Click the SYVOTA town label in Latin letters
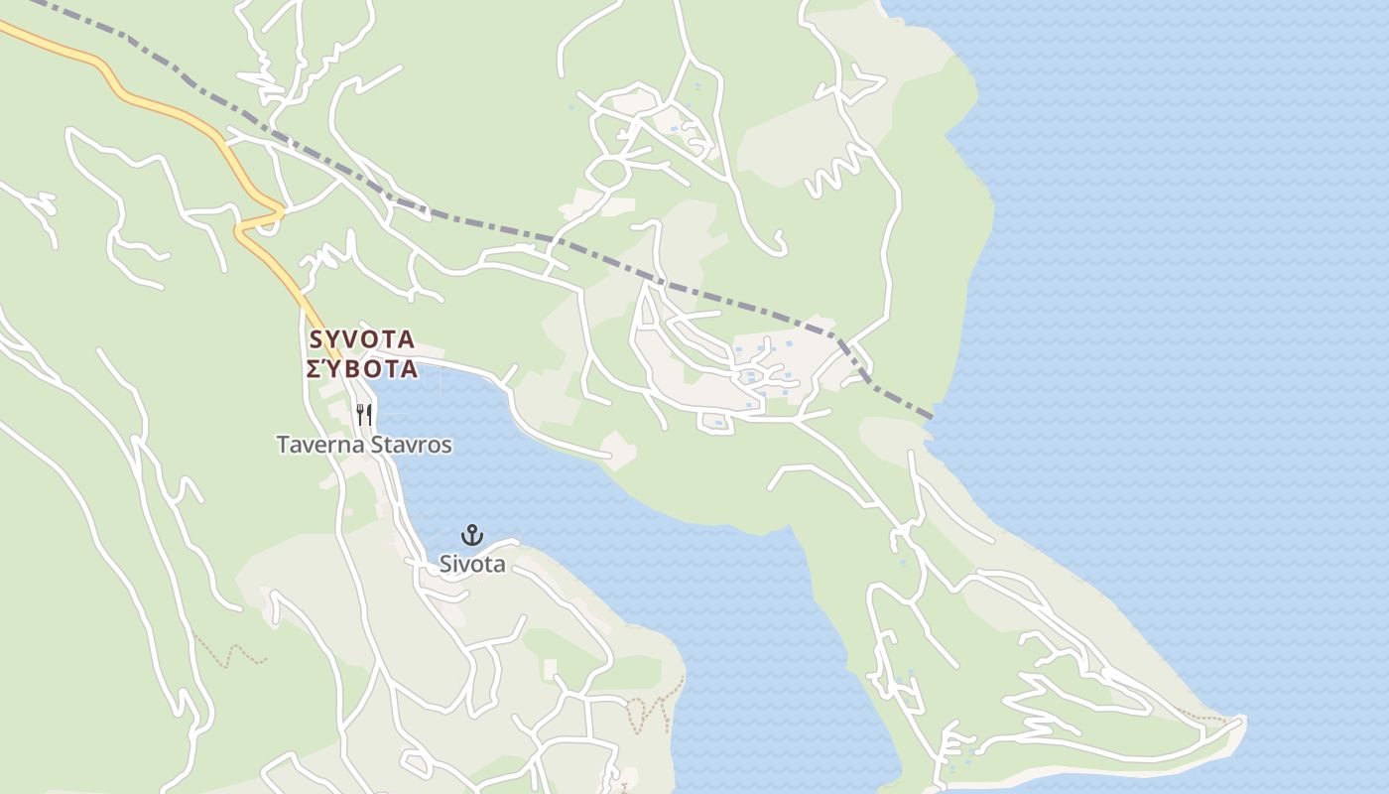point(362,339)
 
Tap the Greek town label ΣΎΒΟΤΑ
point(362,369)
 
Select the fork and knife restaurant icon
point(364,415)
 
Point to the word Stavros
point(411,445)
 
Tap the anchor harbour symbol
point(473,536)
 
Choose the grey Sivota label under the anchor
point(473,565)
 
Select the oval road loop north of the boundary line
point(608,174)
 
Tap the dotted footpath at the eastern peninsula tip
point(1205,717)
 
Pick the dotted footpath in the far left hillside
point(230,653)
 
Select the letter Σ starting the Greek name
point(314,369)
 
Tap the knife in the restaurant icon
point(369,415)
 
